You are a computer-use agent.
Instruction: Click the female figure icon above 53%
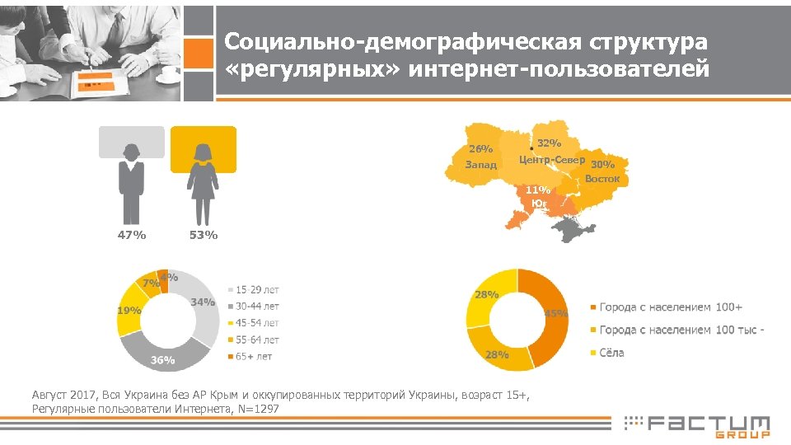pos(203,183)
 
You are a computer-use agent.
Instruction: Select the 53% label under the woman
pos(203,236)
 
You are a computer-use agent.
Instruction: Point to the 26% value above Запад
pos(480,149)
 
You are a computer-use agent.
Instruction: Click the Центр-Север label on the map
pos(551,159)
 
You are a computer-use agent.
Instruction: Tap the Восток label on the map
pos(602,178)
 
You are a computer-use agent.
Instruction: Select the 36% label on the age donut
pos(162,360)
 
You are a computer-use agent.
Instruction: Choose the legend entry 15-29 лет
pos(256,290)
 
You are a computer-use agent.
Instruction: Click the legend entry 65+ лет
pos(253,357)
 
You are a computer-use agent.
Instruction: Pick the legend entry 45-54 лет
pos(256,323)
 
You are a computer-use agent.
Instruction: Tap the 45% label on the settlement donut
pos(556,313)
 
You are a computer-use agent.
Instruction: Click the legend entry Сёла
pos(611,353)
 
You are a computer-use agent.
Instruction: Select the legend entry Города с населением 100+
pos(670,307)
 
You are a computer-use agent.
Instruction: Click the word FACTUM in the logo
pos(708,424)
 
